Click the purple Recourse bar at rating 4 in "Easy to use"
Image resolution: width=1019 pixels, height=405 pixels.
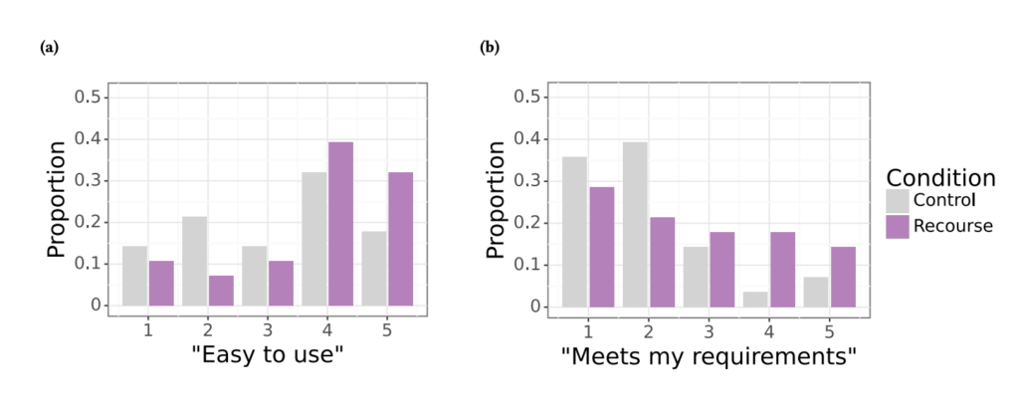(340, 224)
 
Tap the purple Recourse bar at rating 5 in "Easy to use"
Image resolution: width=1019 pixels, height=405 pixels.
(400, 239)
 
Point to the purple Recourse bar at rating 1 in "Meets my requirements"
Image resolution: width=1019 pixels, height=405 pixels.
(602, 246)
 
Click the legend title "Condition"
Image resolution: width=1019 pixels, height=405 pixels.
(940, 177)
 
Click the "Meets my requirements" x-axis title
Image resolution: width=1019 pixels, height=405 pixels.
(708, 355)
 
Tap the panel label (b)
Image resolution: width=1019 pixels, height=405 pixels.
(489, 47)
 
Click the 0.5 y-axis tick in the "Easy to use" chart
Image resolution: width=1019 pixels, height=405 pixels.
(89, 97)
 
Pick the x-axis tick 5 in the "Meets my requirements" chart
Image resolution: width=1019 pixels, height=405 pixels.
(828, 326)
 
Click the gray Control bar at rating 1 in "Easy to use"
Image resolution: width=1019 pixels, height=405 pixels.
(134, 261)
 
